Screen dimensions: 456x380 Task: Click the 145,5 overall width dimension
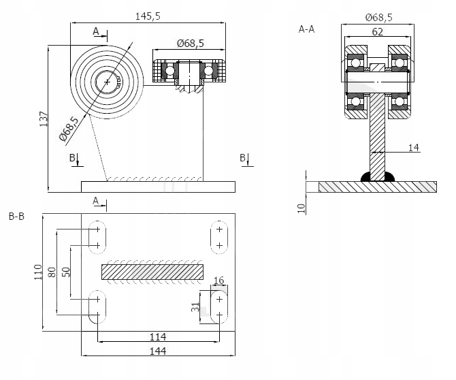148,16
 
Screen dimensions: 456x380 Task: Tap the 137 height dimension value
44,118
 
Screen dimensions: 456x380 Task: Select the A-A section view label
306,29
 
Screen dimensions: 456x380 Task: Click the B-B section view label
16,217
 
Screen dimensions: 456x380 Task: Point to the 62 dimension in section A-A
378,32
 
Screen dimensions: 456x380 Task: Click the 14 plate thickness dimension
414,148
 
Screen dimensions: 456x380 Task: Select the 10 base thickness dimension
302,208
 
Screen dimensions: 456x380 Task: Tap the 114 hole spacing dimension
158,336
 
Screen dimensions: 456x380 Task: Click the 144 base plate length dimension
158,351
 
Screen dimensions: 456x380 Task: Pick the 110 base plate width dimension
38,272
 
